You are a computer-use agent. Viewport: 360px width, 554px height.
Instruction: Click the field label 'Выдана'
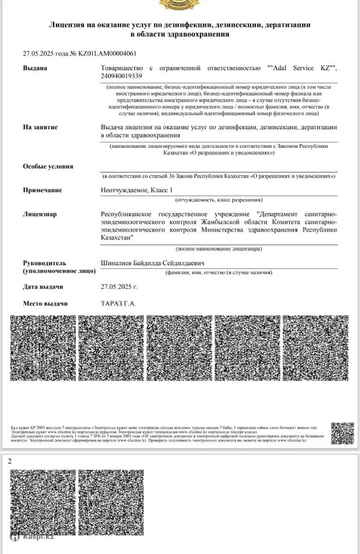tap(35, 68)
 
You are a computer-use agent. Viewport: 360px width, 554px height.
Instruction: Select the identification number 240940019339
tap(121, 76)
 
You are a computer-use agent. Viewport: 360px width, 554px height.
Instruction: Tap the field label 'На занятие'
tap(40, 127)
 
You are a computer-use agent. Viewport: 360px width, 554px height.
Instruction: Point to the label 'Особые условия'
tap(48, 166)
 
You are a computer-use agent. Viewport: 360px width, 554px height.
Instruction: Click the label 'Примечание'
tap(42, 190)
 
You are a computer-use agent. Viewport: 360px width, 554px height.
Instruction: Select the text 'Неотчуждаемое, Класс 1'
tap(137, 190)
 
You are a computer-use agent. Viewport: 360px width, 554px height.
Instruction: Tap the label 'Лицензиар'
tap(40, 214)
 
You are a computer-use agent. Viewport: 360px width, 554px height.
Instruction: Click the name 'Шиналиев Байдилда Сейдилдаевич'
tap(152, 263)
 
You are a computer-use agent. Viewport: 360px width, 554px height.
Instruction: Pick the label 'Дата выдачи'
tap(43, 287)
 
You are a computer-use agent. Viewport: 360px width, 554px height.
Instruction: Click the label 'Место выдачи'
tap(45, 303)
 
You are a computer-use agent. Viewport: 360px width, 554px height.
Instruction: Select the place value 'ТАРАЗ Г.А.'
tap(119, 303)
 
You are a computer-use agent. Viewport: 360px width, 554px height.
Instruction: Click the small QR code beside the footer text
tap(342, 434)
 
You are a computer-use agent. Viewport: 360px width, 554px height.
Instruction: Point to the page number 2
tap(10, 461)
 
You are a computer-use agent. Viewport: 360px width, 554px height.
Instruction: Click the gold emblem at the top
tap(180, 4)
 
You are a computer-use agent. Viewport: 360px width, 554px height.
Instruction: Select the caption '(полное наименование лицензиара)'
tap(219, 249)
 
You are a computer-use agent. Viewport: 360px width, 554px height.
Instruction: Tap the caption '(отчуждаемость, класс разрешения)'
tap(219, 200)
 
